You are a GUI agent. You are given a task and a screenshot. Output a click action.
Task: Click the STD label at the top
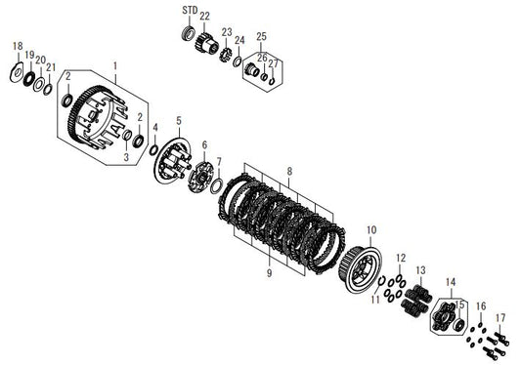(190, 11)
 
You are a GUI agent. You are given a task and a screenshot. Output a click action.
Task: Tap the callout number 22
(204, 16)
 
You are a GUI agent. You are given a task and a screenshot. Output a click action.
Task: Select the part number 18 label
(18, 46)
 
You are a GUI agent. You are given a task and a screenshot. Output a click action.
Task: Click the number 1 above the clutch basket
(115, 65)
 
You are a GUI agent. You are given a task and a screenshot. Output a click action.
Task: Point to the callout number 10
(371, 229)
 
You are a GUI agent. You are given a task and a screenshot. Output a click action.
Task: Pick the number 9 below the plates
(269, 272)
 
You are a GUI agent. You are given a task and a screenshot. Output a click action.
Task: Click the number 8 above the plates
(289, 171)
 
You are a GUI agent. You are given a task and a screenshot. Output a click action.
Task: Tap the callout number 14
(451, 282)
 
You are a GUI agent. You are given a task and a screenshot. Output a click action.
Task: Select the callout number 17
(500, 318)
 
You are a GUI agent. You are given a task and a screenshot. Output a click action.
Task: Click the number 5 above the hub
(179, 121)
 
